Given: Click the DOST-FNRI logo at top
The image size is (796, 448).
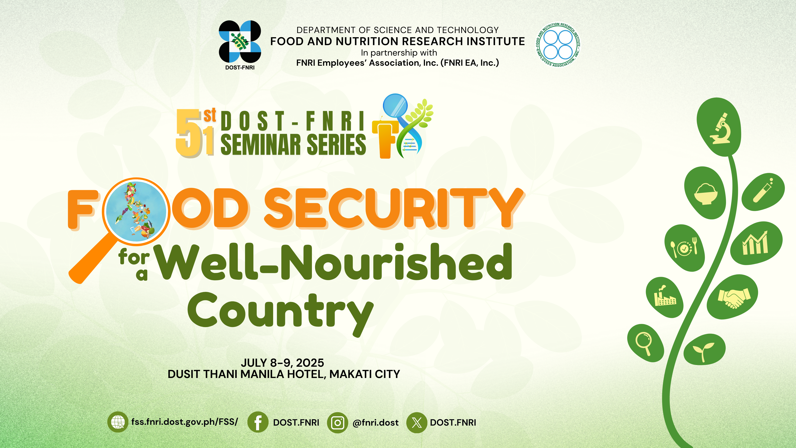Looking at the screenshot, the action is pyautogui.click(x=240, y=45).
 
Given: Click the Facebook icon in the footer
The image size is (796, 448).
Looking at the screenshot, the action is pyautogui.click(x=258, y=422).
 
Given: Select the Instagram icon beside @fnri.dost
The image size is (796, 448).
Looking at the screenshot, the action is pyautogui.click(x=337, y=422).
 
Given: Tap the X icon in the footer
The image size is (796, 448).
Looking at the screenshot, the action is pyautogui.click(x=417, y=422).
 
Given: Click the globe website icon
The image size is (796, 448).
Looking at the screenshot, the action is pyautogui.click(x=118, y=422).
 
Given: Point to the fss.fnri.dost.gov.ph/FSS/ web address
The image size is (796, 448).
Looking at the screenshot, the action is pyautogui.click(x=184, y=422).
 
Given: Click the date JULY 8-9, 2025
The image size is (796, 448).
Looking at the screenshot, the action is pyautogui.click(x=282, y=363).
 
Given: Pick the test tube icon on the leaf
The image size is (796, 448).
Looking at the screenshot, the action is pyautogui.click(x=763, y=190).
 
